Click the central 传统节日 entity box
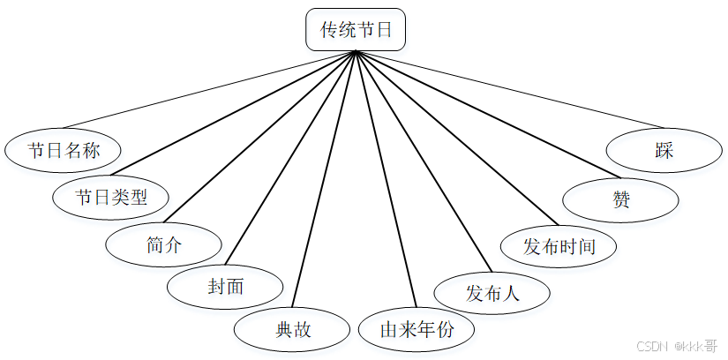[x=356, y=30]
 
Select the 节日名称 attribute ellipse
[x=63, y=150]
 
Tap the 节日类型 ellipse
[x=110, y=197]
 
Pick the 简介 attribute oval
[x=163, y=244]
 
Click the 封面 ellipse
[x=226, y=286]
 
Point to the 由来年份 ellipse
[x=417, y=329]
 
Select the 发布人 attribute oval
[x=492, y=292]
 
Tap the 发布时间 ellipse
[x=559, y=245]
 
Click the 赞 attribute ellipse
[x=621, y=199]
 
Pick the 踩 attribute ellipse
[x=664, y=150]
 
